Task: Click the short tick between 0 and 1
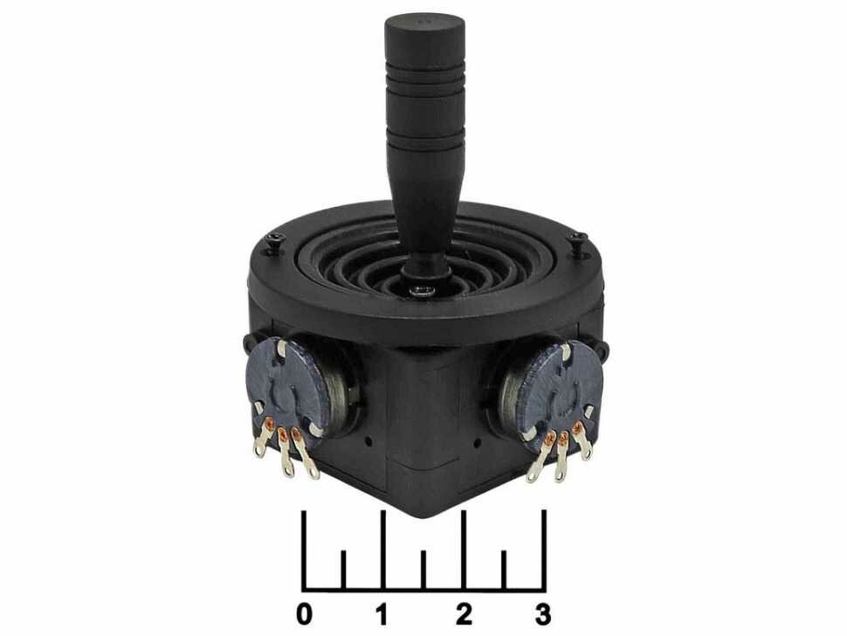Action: (x=343, y=568)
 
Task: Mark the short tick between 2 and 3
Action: (x=504, y=568)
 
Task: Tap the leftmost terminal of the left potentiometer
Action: (x=260, y=446)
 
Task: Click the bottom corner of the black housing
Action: (x=424, y=510)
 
